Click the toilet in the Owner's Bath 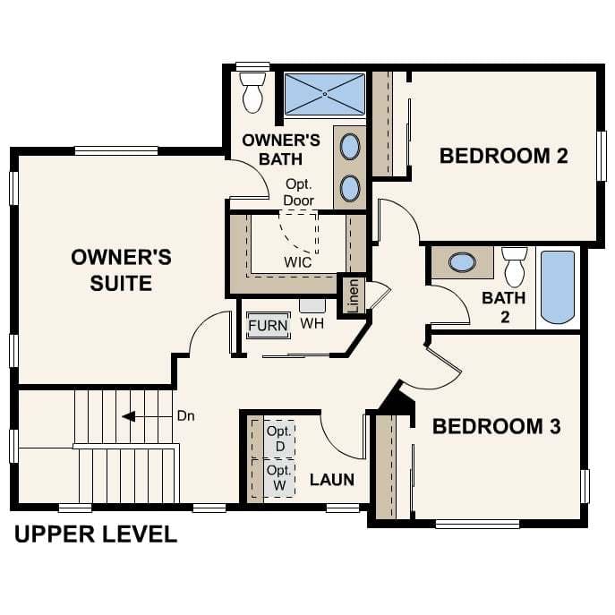pos(252,93)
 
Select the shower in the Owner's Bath pos(324,94)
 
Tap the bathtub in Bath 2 pos(557,286)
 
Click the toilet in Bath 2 pos(514,266)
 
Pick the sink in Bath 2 pos(462,263)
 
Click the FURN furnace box pos(269,325)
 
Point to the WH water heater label pos(312,324)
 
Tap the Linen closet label pos(353,295)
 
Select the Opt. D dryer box pos(279,438)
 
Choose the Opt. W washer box pos(279,477)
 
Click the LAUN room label pos(332,480)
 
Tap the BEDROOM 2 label pos(503,156)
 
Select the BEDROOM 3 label pos(496,426)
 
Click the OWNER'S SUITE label pos(121,270)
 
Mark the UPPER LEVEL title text pos(96,535)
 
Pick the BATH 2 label pos(503,306)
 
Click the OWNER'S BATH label pos(281,149)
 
